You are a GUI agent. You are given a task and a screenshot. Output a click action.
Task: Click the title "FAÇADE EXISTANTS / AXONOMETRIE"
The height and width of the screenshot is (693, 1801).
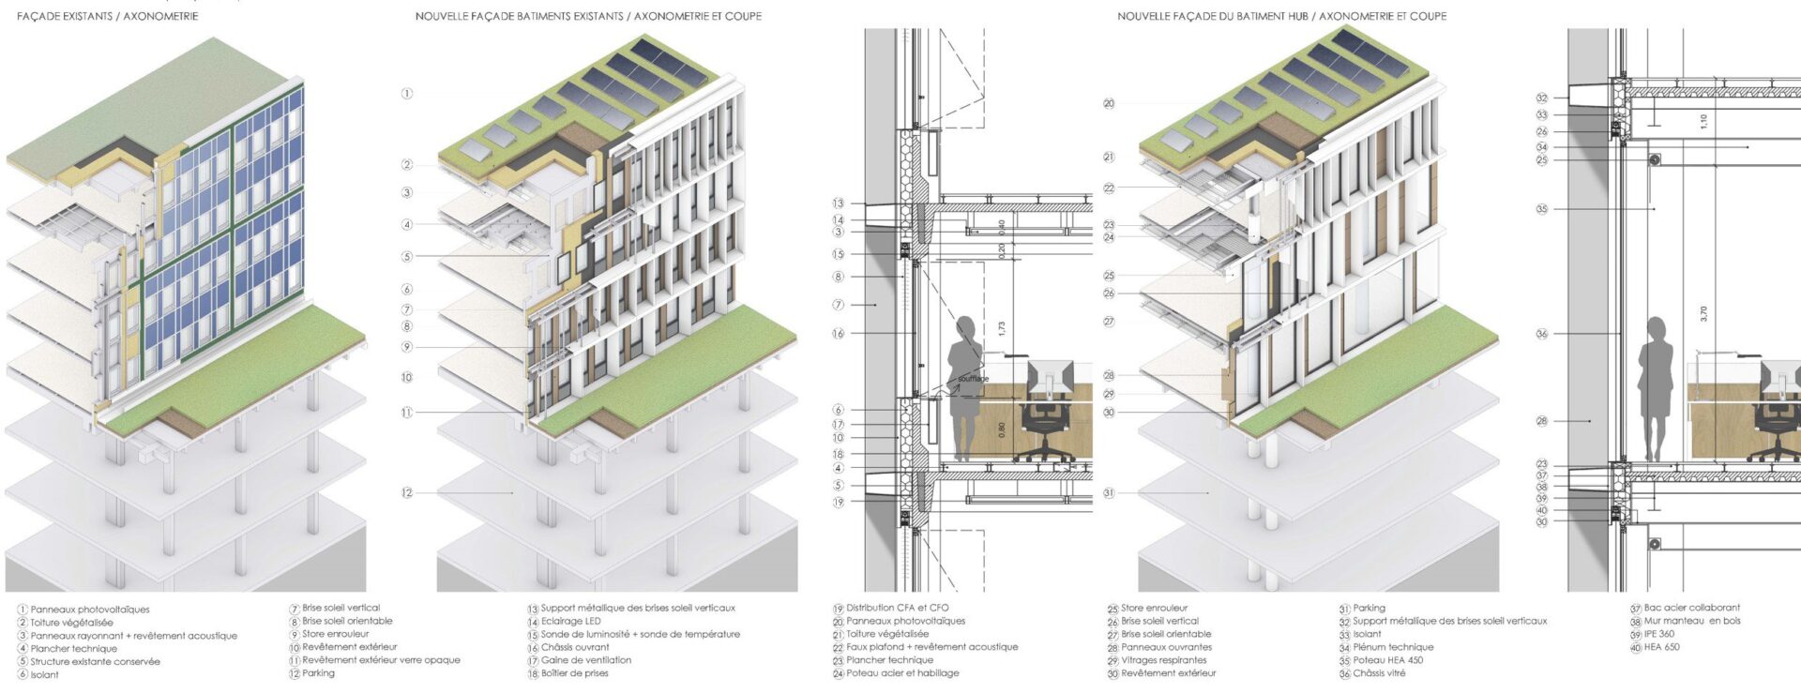(x=107, y=16)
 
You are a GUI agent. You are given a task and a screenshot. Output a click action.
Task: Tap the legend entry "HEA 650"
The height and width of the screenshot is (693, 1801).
(x=1661, y=647)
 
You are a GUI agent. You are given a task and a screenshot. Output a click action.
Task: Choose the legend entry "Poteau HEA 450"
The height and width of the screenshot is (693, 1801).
(x=1387, y=660)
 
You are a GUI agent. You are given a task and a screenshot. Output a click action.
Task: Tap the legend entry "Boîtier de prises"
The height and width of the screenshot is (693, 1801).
(x=574, y=673)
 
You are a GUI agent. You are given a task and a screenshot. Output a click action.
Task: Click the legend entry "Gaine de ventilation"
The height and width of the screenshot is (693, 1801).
(x=585, y=660)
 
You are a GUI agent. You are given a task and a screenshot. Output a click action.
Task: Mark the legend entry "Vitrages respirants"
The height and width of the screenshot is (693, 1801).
(x=1163, y=660)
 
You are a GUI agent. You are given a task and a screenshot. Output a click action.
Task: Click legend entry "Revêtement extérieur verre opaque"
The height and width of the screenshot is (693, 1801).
(x=381, y=660)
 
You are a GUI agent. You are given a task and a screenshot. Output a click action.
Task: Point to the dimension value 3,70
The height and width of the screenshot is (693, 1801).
(x=1703, y=313)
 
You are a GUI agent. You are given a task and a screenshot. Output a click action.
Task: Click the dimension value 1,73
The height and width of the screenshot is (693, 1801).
(x=1002, y=329)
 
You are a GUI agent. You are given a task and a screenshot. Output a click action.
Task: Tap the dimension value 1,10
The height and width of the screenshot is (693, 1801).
(x=1703, y=121)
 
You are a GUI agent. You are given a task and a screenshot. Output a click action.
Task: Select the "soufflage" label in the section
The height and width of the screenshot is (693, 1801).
(x=974, y=379)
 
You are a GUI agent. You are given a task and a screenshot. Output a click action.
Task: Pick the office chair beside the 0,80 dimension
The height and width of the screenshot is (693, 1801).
(x=1045, y=422)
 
